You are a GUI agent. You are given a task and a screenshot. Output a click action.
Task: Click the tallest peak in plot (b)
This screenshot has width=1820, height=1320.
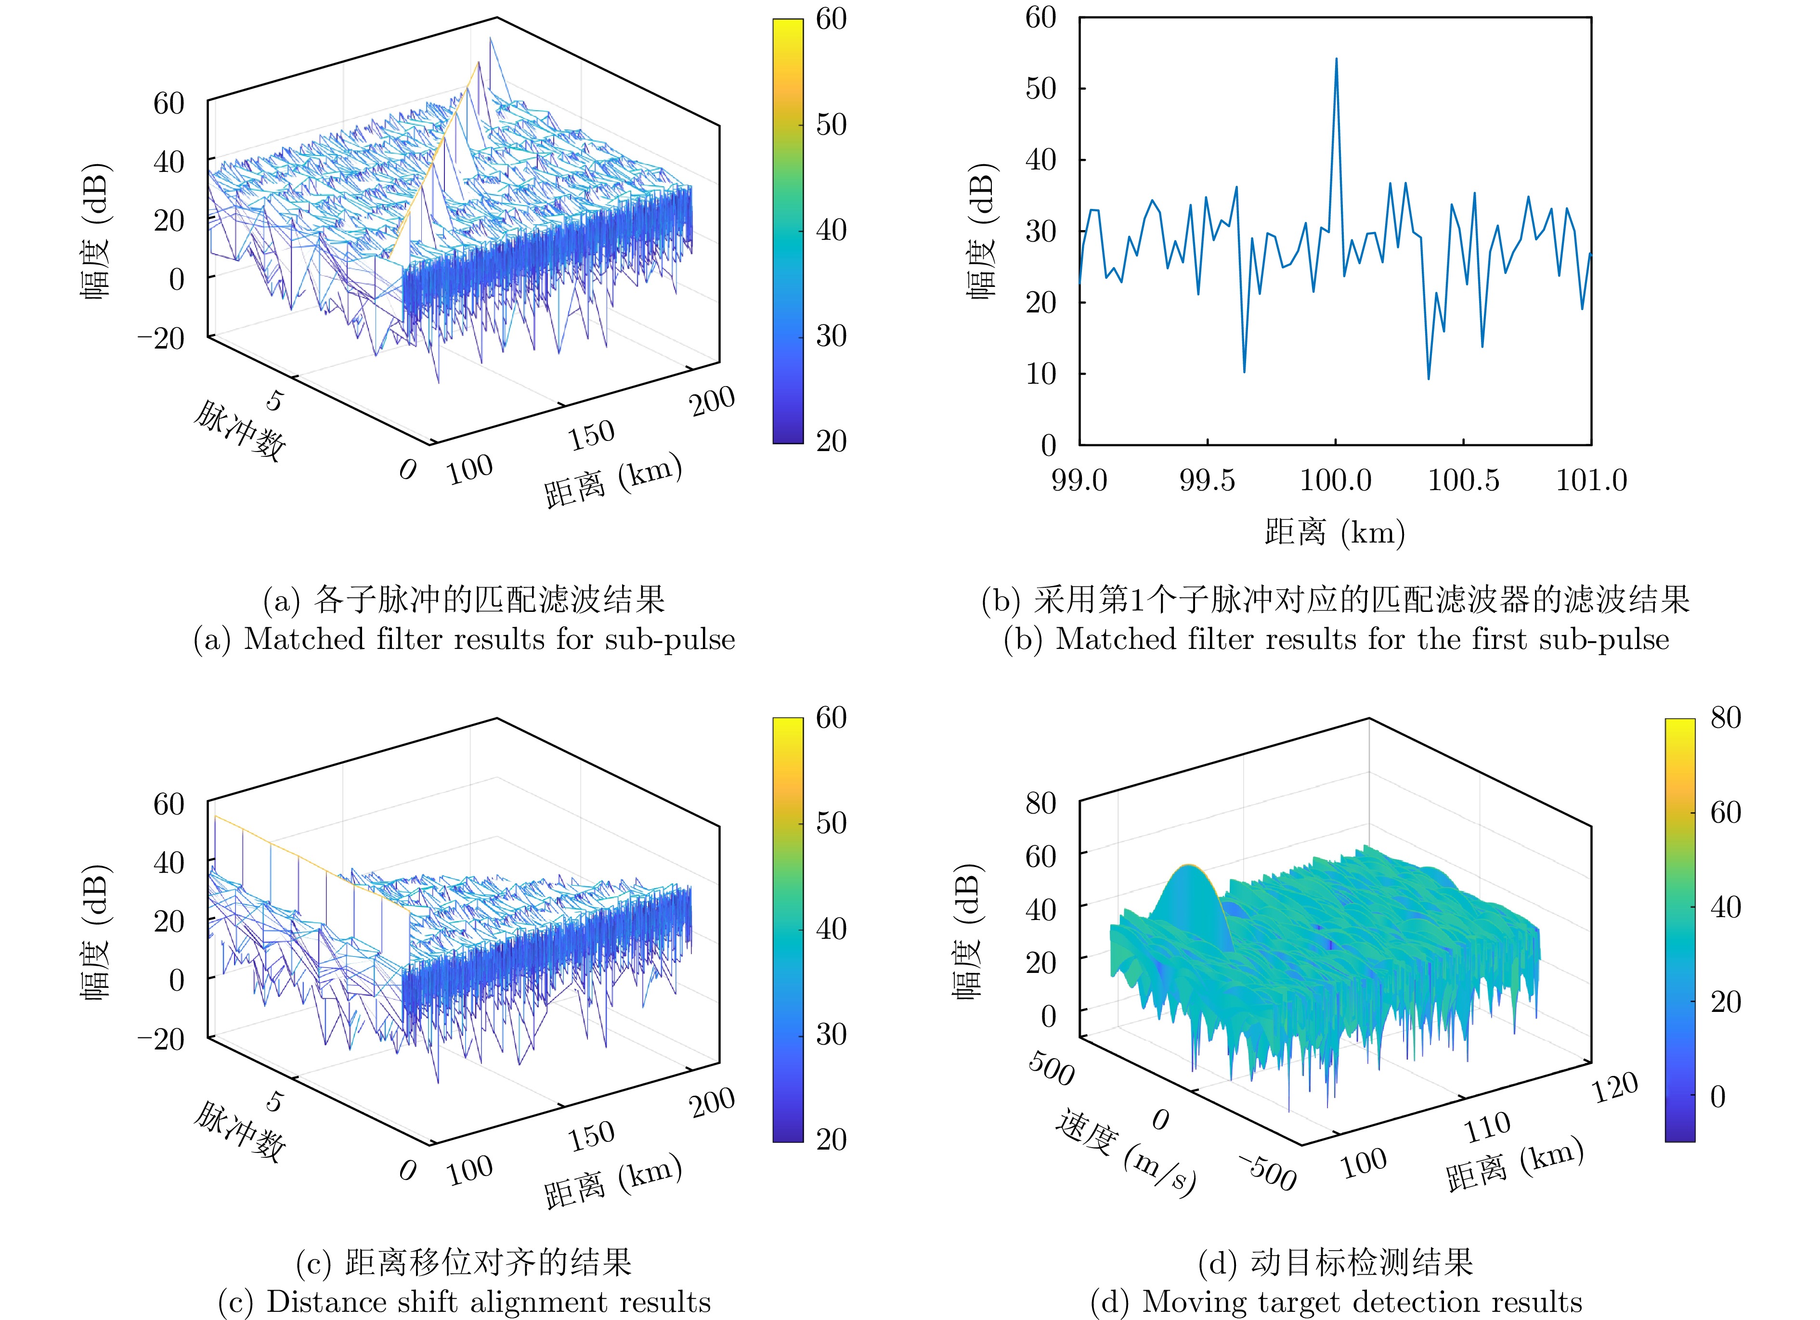(1336, 59)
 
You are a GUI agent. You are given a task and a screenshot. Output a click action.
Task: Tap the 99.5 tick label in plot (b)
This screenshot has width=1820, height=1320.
(1207, 480)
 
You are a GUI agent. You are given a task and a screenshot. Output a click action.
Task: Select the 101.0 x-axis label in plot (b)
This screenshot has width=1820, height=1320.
(1591, 480)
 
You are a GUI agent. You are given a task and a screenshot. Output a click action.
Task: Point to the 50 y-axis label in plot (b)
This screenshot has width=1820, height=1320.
(1041, 88)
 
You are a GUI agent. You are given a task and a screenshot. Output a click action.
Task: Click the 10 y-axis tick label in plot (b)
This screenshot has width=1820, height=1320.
(1041, 374)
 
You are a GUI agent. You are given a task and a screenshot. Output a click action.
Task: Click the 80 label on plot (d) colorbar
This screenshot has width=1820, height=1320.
(1725, 717)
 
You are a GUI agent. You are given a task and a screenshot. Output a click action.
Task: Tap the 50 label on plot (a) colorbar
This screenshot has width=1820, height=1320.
(832, 124)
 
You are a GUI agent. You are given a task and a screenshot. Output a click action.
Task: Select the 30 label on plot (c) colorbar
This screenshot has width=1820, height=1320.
(832, 1035)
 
